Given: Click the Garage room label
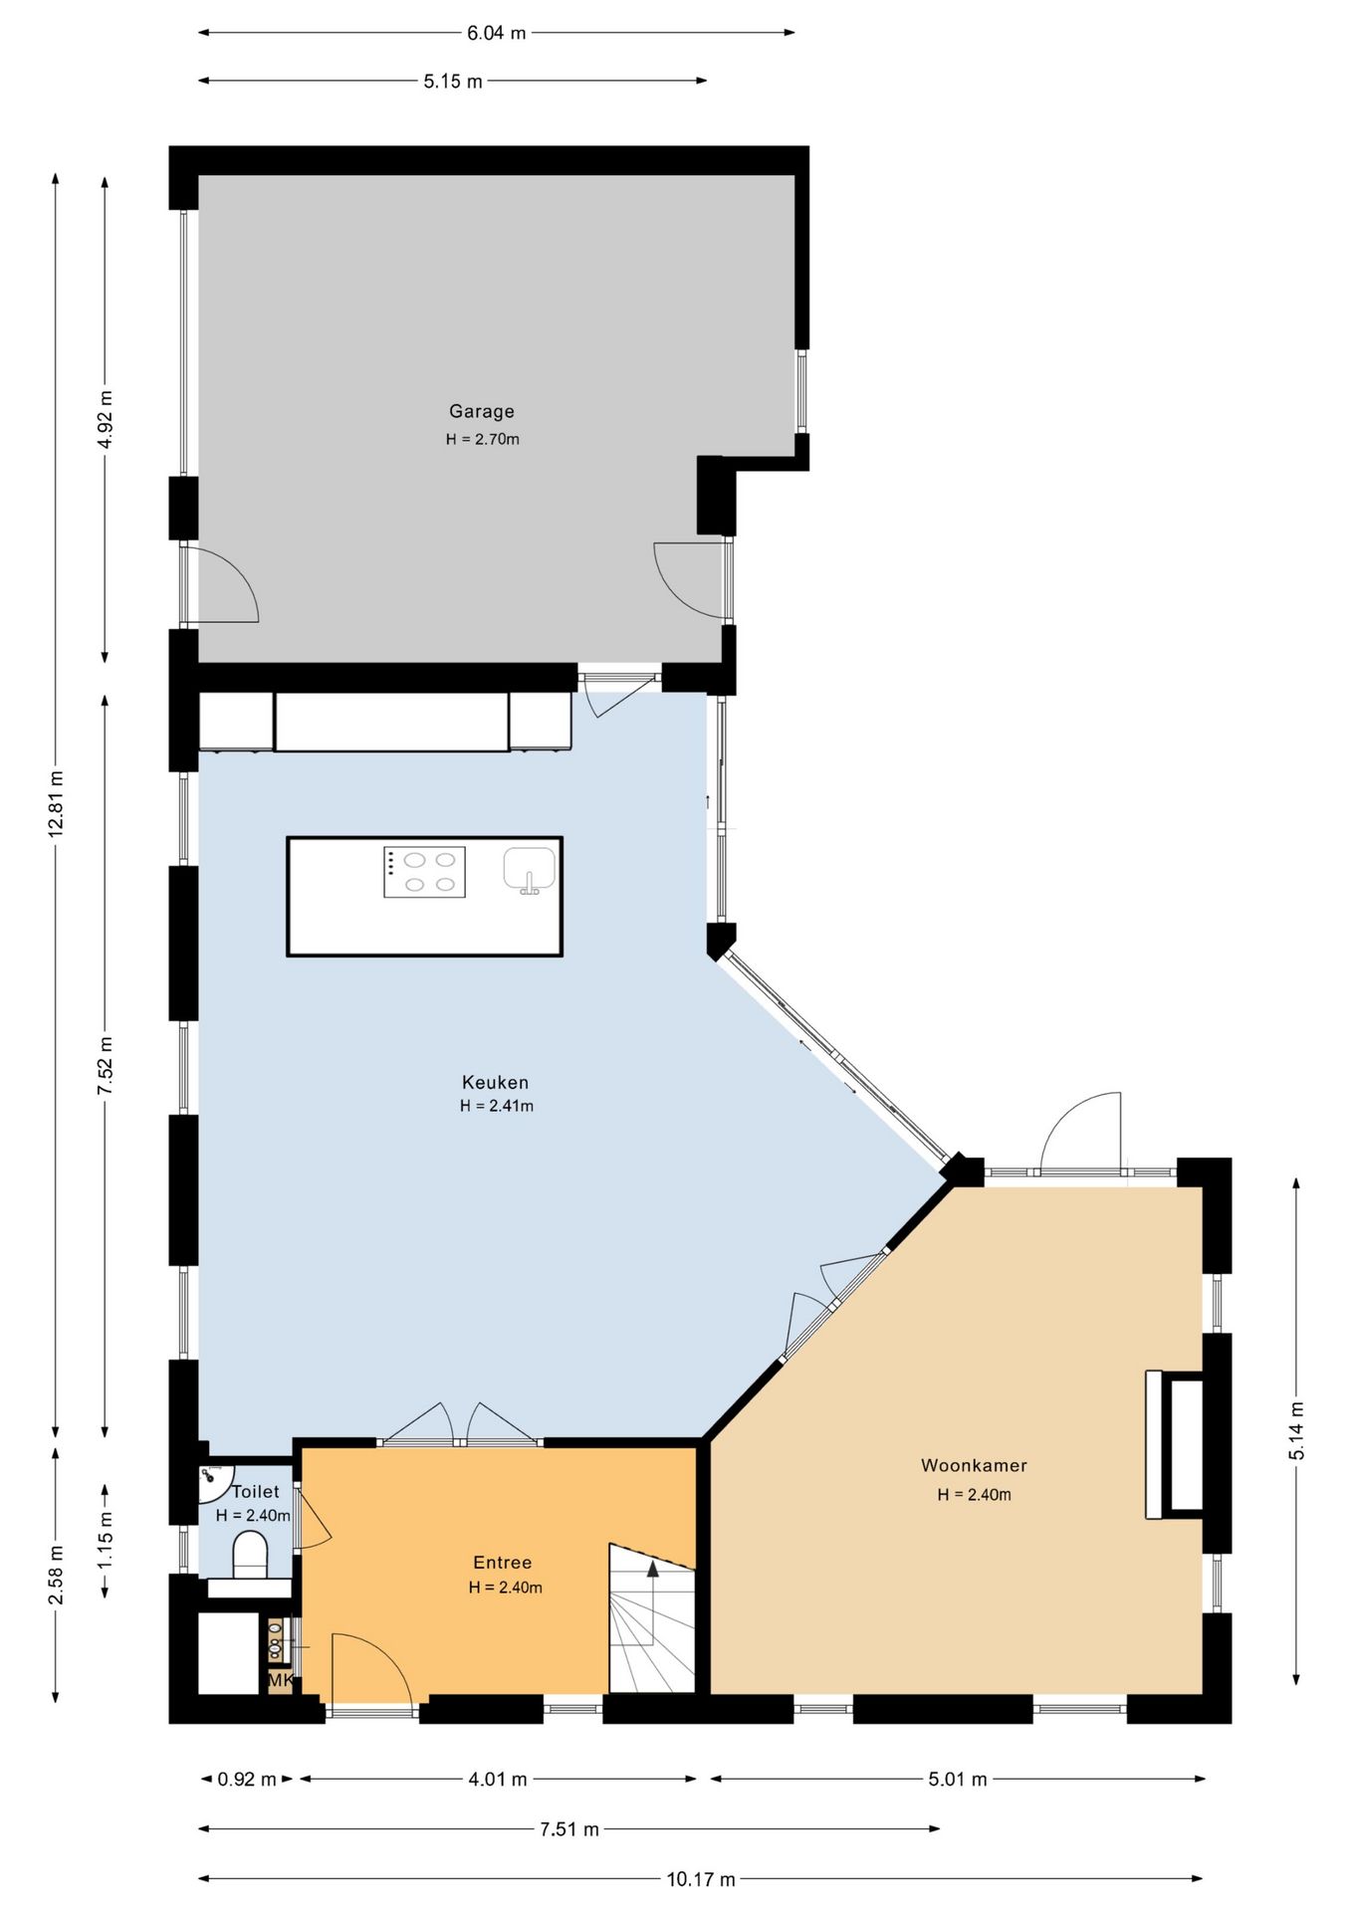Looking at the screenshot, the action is tap(482, 411).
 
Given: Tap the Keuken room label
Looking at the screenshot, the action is tap(495, 1082).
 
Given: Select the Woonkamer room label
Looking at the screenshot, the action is tap(974, 1465).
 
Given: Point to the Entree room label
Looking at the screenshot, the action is tap(503, 1563).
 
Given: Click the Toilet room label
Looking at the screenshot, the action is tap(256, 1491).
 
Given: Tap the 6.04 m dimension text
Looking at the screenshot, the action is tap(497, 33).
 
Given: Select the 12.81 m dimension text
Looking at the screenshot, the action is tap(57, 803).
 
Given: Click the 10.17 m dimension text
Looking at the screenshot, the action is tap(701, 1879).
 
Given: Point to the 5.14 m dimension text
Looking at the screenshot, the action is tap(1297, 1431).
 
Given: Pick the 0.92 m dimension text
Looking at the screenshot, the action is tap(247, 1779).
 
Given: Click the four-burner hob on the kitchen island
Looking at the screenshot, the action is tap(425, 872).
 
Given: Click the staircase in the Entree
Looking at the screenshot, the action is tap(652, 1618).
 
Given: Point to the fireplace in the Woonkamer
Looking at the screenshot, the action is tap(1176, 1444).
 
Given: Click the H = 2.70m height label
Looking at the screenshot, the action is tap(483, 439).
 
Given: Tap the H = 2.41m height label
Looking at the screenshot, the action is tap(497, 1106).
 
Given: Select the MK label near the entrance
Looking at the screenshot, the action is tap(281, 1680).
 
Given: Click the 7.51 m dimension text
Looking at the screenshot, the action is tap(569, 1828).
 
